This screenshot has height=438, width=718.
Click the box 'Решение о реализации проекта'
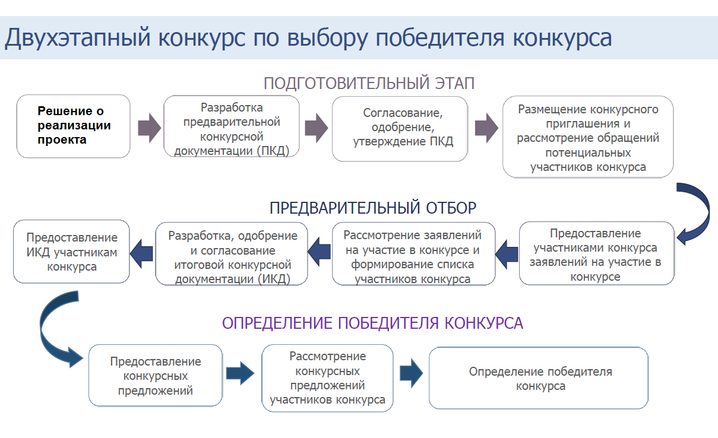(74, 126)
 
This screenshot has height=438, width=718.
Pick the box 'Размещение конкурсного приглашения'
(588, 137)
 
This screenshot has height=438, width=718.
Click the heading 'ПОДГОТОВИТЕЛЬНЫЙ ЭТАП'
(369, 83)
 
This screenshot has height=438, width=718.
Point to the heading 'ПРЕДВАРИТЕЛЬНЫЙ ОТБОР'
(372, 208)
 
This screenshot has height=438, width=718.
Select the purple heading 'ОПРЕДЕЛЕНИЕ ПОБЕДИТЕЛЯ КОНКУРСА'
(372, 323)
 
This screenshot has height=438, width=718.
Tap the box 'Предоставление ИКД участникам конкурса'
(71, 252)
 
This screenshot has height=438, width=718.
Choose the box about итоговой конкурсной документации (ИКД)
(232, 253)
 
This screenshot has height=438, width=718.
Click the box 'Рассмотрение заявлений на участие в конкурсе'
(413, 253)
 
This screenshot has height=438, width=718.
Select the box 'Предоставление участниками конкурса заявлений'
(596, 253)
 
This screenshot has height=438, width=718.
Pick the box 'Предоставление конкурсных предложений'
(156, 375)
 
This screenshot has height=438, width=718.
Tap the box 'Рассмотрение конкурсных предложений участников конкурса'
(327, 377)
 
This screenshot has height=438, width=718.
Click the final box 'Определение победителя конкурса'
(538, 378)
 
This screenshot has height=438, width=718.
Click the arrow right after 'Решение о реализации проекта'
(148, 128)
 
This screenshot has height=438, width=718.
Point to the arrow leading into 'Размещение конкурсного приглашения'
(486, 128)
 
